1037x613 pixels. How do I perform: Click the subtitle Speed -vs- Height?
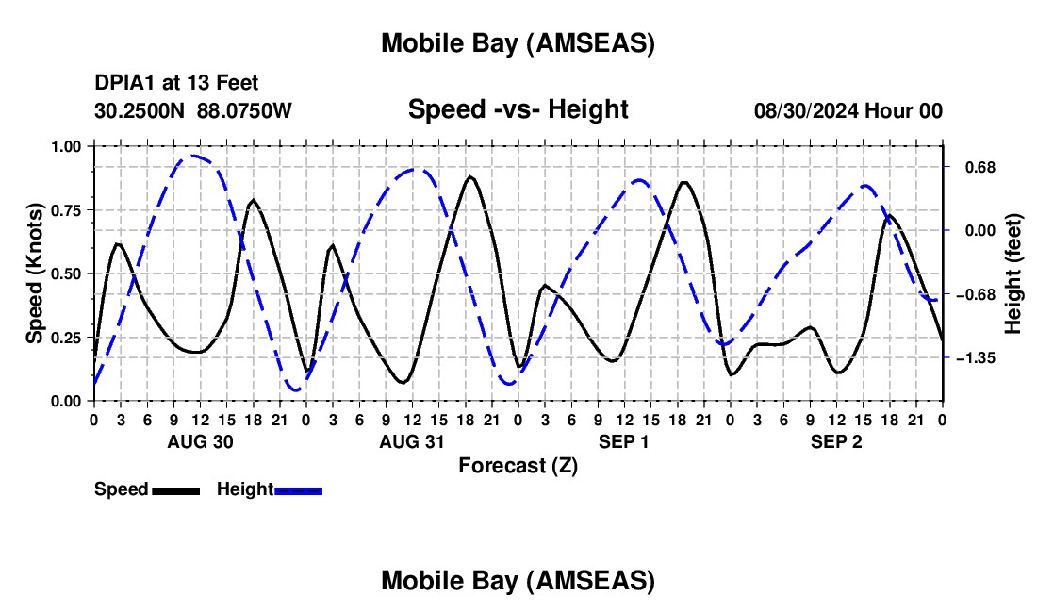(x=518, y=109)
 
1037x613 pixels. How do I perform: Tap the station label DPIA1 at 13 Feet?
(x=176, y=84)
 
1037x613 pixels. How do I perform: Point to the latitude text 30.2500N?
(x=140, y=110)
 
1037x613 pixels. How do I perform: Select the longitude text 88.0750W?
(x=244, y=110)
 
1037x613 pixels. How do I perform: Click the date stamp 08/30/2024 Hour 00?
(x=848, y=110)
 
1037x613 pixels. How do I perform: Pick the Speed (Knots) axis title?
(x=35, y=273)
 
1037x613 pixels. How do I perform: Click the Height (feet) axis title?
(x=1013, y=273)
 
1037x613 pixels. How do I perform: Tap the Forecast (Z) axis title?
(x=518, y=465)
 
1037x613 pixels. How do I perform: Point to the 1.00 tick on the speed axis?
(x=67, y=146)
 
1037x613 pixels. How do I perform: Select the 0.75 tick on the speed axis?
(x=67, y=210)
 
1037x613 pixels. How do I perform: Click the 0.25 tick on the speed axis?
(x=67, y=338)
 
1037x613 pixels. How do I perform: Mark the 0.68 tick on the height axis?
(x=971, y=167)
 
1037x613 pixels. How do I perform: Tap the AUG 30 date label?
(x=200, y=441)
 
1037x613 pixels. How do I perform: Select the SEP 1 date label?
(x=624, y=441)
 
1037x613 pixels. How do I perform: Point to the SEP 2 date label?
(x=836, y=441)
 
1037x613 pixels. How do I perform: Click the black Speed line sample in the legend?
(x=176, y=490)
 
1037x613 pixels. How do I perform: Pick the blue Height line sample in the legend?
(x=299, y=490)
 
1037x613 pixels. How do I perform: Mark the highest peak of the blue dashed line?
(x=193, y=156)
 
